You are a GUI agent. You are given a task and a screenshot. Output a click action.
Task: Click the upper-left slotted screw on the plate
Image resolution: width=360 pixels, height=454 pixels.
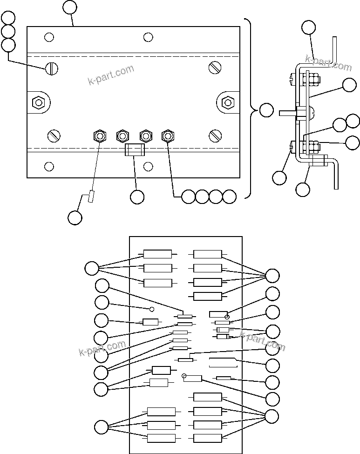pos(52,69)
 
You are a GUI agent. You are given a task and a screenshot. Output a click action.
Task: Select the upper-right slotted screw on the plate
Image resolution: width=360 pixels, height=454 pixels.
pos(215,68)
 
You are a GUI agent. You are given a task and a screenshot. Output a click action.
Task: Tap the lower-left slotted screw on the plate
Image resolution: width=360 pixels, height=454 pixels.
pos(54,136)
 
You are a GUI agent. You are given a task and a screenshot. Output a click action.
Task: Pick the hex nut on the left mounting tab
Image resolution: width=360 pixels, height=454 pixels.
pos(38,102)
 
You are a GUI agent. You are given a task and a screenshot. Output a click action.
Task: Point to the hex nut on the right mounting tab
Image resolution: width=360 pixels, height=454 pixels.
pos(228,102)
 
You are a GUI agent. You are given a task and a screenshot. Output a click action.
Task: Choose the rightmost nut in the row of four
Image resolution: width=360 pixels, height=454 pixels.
pos(168,136)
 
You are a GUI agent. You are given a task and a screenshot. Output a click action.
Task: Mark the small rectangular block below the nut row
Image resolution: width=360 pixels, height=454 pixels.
pos(135,150)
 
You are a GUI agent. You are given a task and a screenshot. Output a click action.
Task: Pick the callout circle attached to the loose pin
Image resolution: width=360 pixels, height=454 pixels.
pos(75,217)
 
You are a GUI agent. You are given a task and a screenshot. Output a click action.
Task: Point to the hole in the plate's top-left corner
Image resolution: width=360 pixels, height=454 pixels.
pos(48,37)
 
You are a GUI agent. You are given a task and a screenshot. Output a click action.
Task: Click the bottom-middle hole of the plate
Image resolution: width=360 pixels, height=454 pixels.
pos(148,166)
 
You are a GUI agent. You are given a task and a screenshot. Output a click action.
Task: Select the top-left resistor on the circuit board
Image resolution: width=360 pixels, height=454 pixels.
pos(157,254)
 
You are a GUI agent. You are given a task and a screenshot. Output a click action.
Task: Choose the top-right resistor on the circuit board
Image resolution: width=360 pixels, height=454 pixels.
pos(208,254)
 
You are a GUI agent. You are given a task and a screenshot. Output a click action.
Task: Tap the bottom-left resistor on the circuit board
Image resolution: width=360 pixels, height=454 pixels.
pos(161,438)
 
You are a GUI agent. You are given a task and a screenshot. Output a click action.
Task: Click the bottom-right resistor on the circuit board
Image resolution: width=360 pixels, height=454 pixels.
pos(207,438)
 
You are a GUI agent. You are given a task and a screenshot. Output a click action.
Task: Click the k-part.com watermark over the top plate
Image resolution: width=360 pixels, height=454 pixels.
pos(111,75)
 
